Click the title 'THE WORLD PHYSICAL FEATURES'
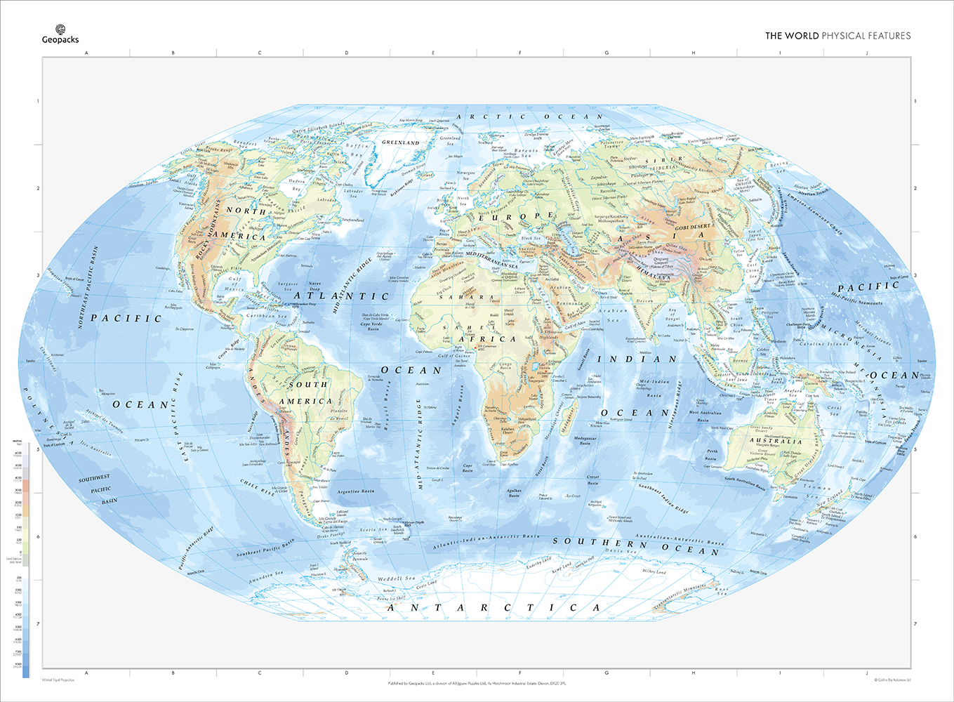pos(837,36)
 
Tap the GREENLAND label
pos(400,143)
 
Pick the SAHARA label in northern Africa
pos(458,297)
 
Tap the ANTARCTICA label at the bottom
pos(494,607)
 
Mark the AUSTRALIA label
pos(775,442)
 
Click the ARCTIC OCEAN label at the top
pos(529,117)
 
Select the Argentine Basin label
pos(356,491)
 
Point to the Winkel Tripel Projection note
pos(58,680)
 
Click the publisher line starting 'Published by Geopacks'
pos(477,682)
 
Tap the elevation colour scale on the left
pos(26,562)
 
